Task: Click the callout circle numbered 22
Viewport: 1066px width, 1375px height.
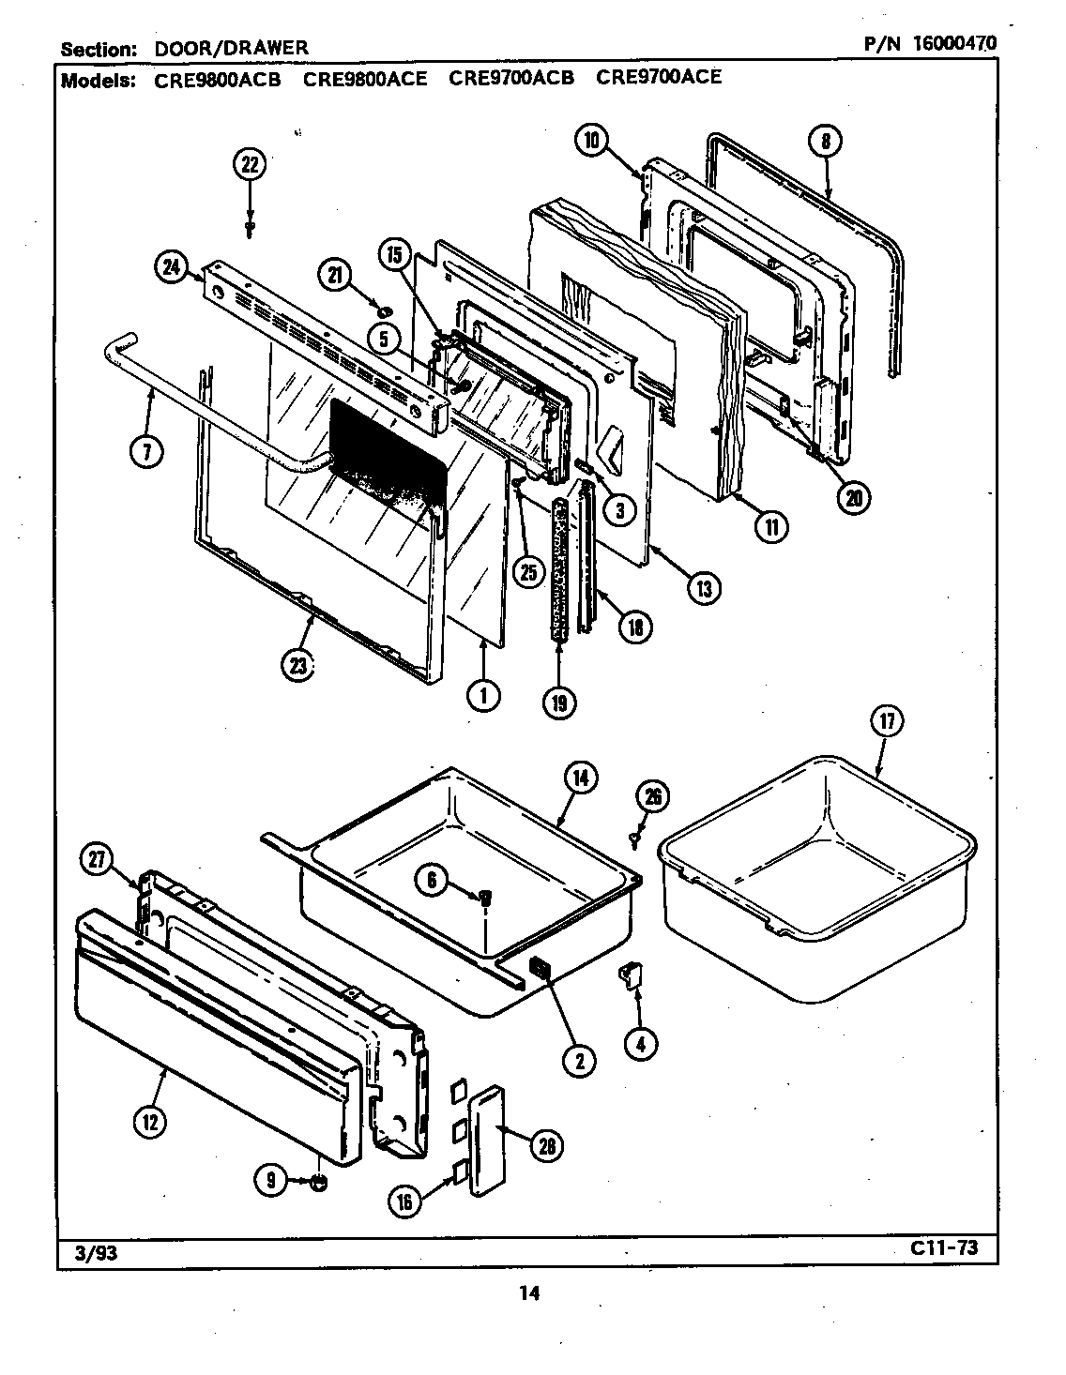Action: [x=249, y=165]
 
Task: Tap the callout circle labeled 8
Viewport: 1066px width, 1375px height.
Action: [x=825, y=142]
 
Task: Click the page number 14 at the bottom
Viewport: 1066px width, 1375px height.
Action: [x=528, y=1293]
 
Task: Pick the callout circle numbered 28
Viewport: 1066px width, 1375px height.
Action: [x=545, y=1143]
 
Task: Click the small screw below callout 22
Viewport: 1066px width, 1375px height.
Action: [x=250, y=227]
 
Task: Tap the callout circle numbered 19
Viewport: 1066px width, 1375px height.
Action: [x=559, y=702]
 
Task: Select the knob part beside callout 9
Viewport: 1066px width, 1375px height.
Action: [x=319, y=1184]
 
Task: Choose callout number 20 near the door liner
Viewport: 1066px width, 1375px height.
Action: [x=853, y=497]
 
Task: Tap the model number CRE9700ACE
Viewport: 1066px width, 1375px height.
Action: [x=659, y=78]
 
